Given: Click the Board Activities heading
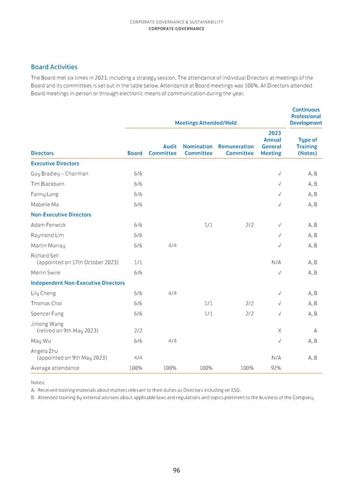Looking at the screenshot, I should point(54,67).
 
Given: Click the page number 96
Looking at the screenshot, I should point(176,471).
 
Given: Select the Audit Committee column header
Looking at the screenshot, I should point(162,149).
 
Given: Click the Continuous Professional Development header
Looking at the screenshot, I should point(306,116).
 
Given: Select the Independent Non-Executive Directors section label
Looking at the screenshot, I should point(77,282).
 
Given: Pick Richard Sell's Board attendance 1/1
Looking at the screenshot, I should point(138,262).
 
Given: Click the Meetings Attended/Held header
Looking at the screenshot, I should point(205,123).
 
